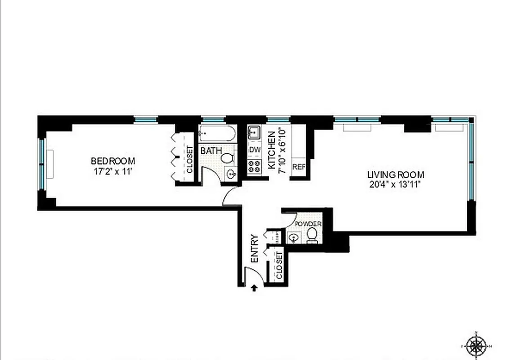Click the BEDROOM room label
tap(113, 161)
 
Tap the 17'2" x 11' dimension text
tap(113, 171)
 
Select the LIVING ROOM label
tap(395, 175)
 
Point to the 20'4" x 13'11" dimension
tap(395, 184)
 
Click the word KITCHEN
tap(271, 150)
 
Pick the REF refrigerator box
tap(299, 167)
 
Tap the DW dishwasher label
tap(254, 149)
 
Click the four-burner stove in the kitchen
tap(255, 166)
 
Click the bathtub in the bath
tap(217, 133)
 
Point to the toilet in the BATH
tap(227, 158)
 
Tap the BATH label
tap(211, 150)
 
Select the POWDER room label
tap(308, 224)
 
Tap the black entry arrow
tap(254, 288)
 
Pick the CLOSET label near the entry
tap(279, 265)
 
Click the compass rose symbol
tap(475, 346)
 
